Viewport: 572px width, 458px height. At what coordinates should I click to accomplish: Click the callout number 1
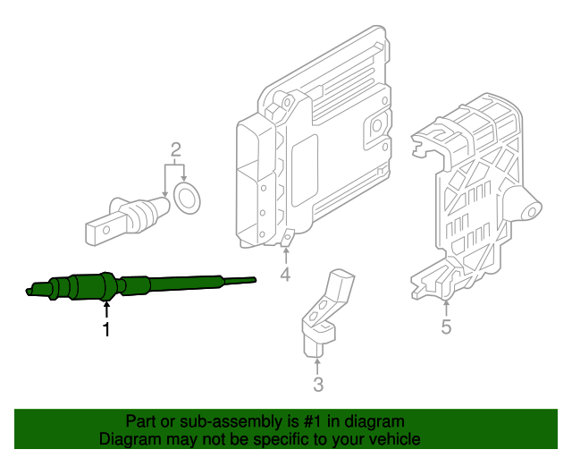tap(106, 330)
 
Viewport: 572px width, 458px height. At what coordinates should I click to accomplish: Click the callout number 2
tap(176, 148)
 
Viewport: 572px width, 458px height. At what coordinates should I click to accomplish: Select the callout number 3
tap(318, 386)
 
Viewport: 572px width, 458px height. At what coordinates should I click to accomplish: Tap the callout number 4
tap(285, 275)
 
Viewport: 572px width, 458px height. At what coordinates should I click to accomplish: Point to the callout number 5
tap(446, 327)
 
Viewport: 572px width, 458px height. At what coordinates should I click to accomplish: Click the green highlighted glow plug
tap(98, 287)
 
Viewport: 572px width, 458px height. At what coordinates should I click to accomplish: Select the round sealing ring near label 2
tap(188, 199)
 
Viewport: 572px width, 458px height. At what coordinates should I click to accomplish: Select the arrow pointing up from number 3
tap(318, 364)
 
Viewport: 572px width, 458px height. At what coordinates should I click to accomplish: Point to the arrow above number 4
tap(285, 252)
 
